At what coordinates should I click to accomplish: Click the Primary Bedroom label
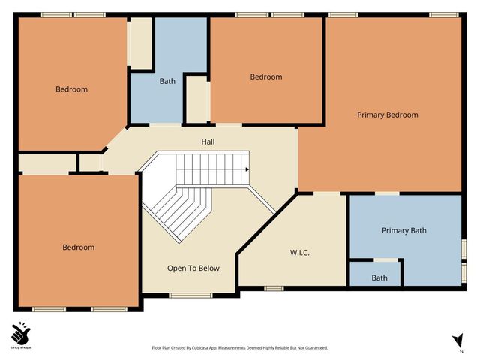[387, 115]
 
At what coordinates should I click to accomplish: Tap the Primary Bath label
[403, 230]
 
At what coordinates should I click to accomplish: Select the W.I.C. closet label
[299, 253]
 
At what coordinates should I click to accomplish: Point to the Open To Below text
[193, 268]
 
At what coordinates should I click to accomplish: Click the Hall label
[208, 141]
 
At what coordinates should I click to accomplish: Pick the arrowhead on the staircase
[246, 169]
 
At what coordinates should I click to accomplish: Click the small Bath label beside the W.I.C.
[379, 277]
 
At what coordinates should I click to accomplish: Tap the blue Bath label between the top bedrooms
[167, 81]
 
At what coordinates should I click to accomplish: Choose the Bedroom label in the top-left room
[71, 89]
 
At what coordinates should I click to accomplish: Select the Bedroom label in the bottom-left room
[78, 247]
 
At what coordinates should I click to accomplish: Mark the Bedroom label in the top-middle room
[265, 76]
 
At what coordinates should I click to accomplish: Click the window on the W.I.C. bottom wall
[274, 287]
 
